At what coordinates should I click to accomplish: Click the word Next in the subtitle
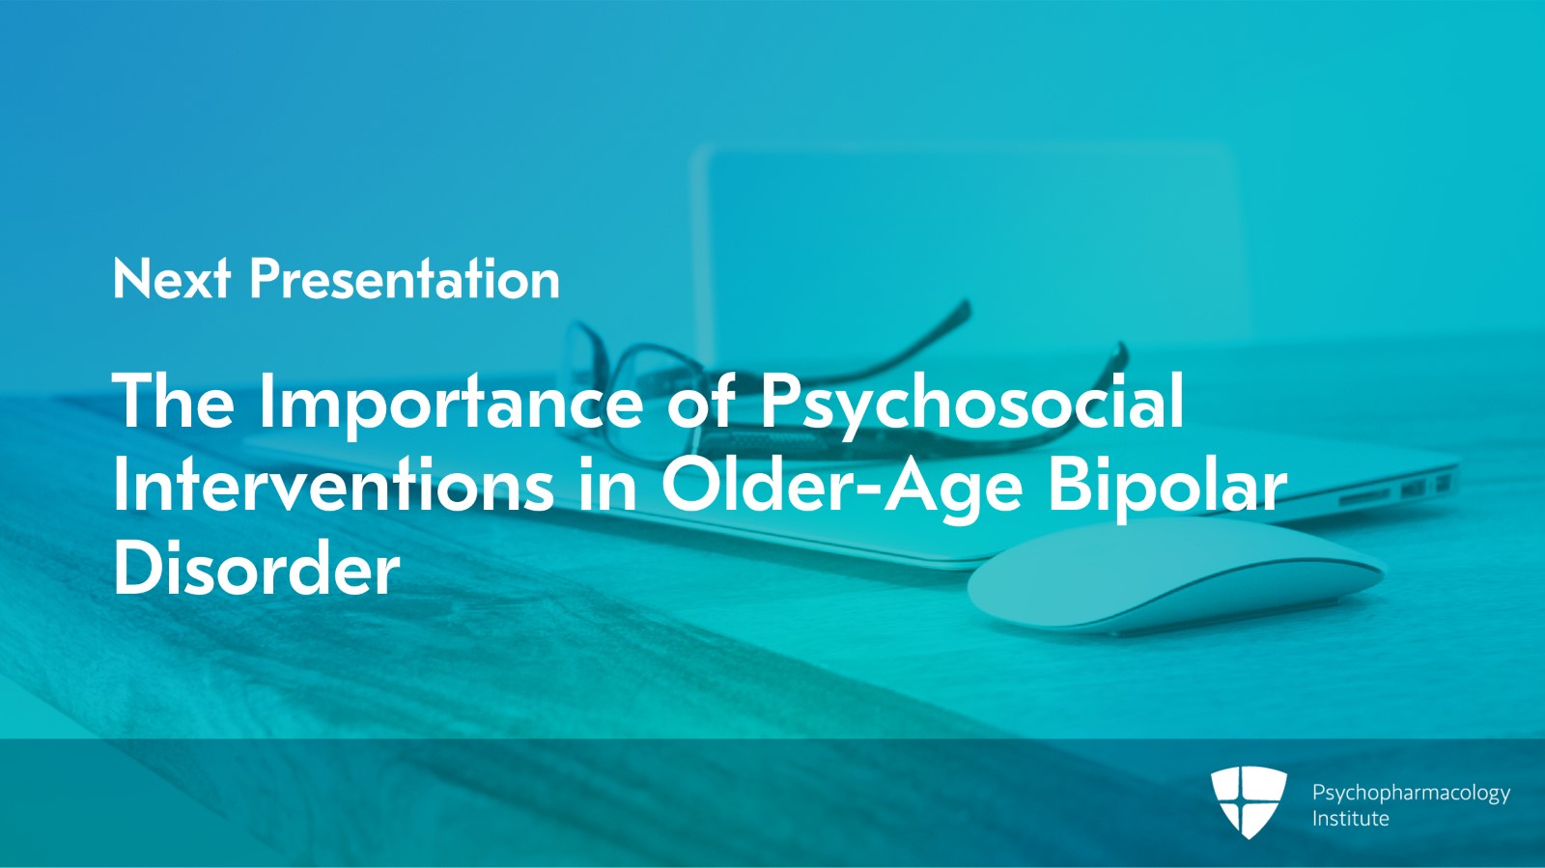(171, 279)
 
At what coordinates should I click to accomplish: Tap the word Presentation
(405, 279)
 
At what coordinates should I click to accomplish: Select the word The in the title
(174, 402)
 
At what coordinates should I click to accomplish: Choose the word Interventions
(333, 486)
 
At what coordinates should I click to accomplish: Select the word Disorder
(256, 570)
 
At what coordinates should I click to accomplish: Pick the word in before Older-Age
(608, 486)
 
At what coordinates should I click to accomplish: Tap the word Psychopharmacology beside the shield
(1411, 793)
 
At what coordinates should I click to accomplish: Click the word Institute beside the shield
(1350, 819)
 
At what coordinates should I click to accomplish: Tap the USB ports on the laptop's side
(1424, 487)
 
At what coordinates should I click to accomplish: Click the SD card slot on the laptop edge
(1364, 497)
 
